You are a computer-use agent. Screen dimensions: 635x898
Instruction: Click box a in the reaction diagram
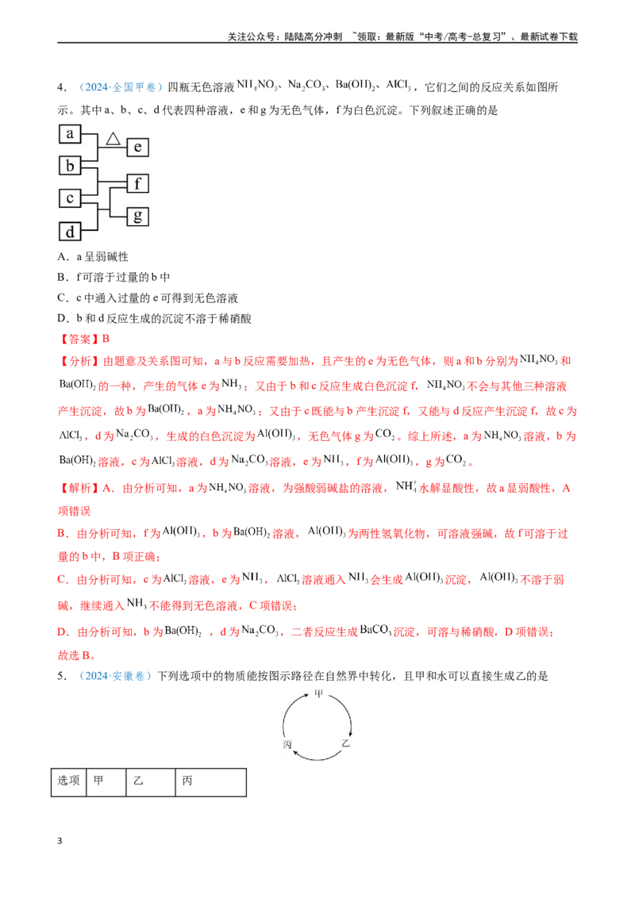[x=70, y=134]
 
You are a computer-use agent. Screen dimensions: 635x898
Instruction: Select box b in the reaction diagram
[x=70, y=166]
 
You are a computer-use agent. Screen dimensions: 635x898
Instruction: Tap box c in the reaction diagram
[x=70, y=198]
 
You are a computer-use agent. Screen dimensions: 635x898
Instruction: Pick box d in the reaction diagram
[x=70, y=232]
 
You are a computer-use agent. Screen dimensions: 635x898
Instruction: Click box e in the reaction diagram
[x=137, y=148]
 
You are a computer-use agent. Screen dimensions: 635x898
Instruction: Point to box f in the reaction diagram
[x=137, y=183]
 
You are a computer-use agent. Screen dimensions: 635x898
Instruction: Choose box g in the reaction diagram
[x=137, y=217]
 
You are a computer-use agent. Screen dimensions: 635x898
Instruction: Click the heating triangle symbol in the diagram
[x=113, y=139]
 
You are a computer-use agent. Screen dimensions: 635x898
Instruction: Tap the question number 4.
[x=61, y=87]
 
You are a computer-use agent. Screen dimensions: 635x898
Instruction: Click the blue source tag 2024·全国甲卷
[x=121, y=87]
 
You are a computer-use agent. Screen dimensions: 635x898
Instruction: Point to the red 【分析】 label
[x=79, y=361]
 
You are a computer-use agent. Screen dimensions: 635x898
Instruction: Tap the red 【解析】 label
[x=79, y=488]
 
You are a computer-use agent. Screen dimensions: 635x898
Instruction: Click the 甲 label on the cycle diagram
[x=318, y=693]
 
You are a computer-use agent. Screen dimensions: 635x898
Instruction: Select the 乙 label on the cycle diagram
[x=345, y=743]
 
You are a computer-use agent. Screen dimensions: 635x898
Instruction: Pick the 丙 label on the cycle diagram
[x=287, y=745]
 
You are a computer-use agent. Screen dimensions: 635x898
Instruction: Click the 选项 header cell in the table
[x=69, y=782]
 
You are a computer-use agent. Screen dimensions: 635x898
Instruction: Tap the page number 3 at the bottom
[x=60, y=841]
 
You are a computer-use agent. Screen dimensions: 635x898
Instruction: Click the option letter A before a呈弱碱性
[x=63, y=257]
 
